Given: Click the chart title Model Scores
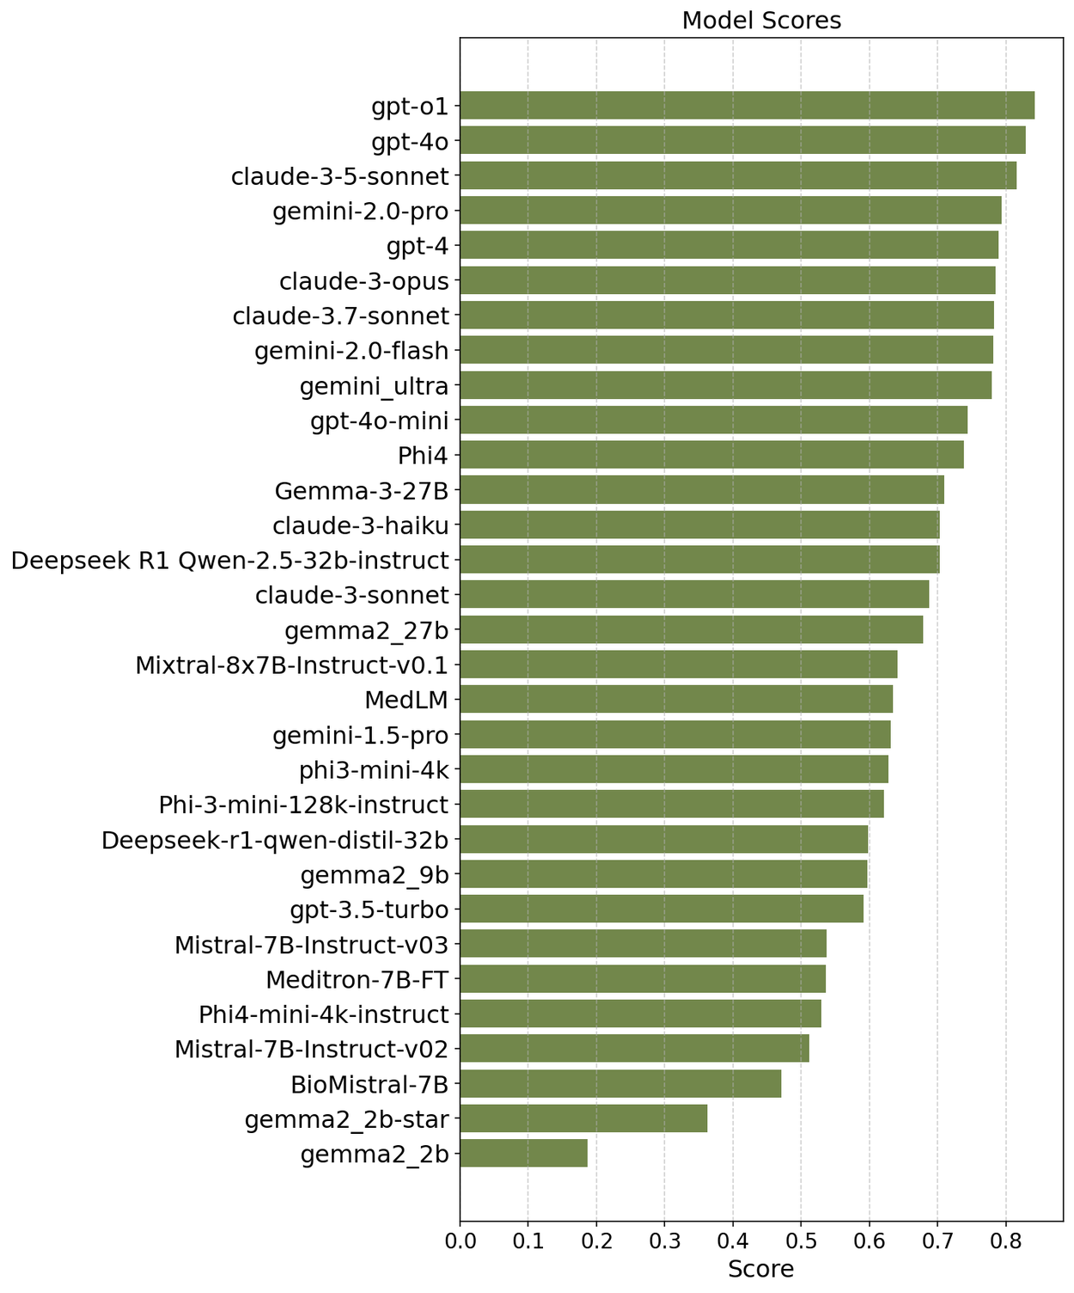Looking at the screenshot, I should pos(760,21).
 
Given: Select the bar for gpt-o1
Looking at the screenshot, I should pos(747,106).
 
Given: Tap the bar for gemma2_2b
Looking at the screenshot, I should pos(523,1154).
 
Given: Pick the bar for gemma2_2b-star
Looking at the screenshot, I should pos(583,1119).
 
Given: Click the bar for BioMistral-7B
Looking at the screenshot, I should pos(620,1084).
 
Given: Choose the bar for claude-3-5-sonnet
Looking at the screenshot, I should pos(738,175).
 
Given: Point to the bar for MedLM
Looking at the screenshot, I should pos(676,700).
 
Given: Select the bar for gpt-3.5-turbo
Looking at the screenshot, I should pos(662,909).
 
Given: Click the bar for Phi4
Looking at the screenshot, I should pos(711,455).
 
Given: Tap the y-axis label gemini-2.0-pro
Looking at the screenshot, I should pos(361,211).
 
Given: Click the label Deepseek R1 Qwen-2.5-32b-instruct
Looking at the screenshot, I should pos(230,561).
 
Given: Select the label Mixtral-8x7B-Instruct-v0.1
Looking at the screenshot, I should pos(292,665).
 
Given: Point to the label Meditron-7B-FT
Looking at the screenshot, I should pos(357,979).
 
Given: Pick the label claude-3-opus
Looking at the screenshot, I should pos(364,281).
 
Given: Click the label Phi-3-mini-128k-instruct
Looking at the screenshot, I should pos(304,805).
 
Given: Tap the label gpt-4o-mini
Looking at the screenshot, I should pos(380,420).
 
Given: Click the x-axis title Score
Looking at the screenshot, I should pos(760,1269).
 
